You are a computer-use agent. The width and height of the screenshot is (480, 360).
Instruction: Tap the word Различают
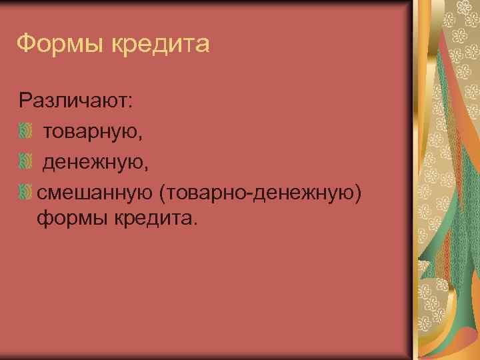click(74, 101)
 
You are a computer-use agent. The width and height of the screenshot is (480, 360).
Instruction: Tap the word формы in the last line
click(67, 218)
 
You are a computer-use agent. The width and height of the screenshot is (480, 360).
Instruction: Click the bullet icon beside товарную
click(25, 131)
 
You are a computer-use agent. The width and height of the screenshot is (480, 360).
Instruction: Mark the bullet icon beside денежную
click(25, 161)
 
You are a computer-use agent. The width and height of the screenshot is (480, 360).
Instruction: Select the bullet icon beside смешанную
click(25, 192)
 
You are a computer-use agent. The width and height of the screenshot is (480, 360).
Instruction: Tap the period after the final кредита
click(195, 223)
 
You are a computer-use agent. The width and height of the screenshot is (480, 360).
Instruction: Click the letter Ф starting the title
click(24, 44)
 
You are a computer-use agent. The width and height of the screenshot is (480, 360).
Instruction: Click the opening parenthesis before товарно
click(161, 193)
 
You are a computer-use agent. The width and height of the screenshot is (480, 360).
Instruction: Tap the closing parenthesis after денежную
click(359, 193)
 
